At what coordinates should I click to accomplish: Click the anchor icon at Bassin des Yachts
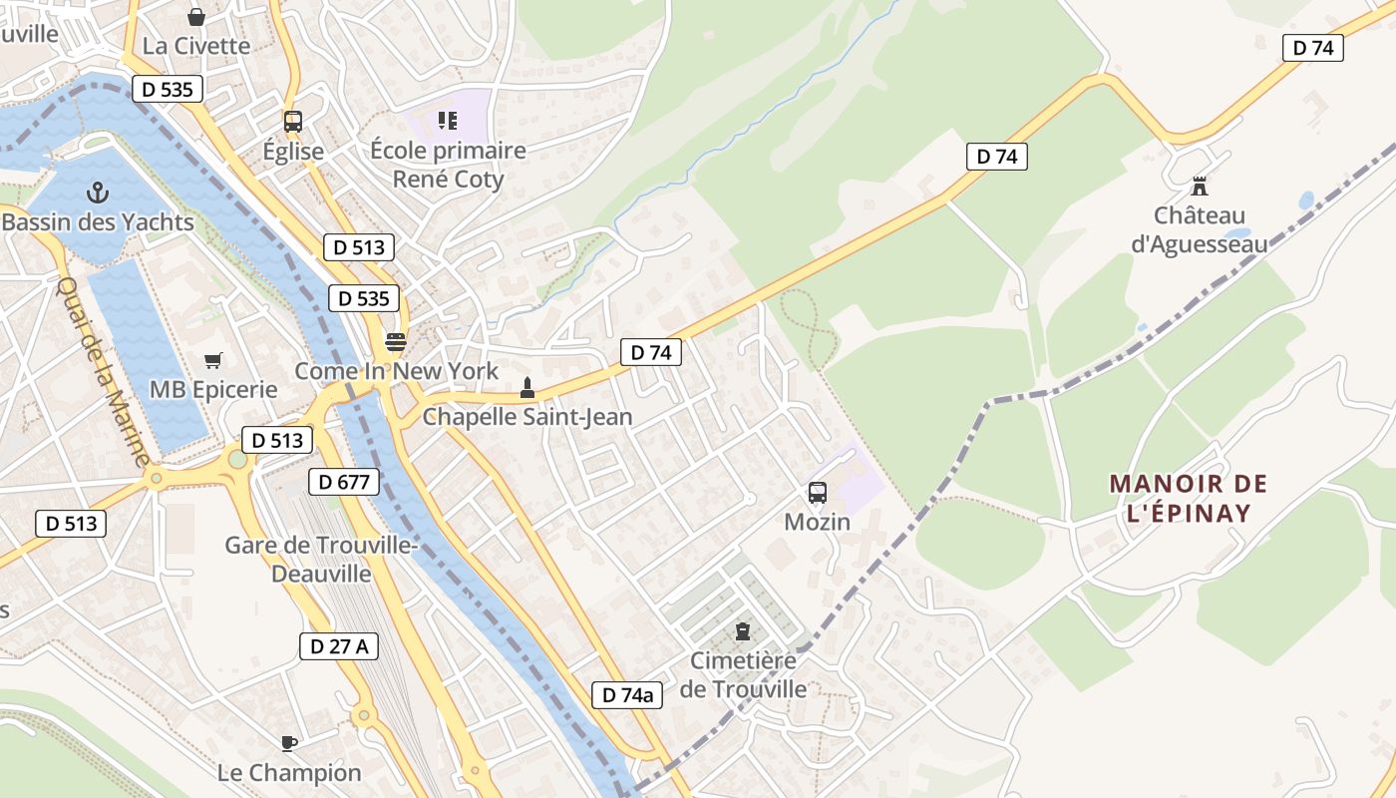tap(98, 192)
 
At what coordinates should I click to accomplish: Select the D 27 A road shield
tap(339, 646)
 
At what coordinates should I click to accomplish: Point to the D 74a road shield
tap(627, 695)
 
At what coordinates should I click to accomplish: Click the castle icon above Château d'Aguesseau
tap(1200, 186)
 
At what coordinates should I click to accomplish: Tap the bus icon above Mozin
tap(818, 492)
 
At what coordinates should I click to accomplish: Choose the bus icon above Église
tap(292, 122)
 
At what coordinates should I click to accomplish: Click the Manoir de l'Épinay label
tap(1188, 499)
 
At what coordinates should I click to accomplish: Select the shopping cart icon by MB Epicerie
tap(212, 360)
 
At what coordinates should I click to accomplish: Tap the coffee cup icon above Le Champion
tap(288, 742)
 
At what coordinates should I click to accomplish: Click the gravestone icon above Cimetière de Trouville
tap(742, 630)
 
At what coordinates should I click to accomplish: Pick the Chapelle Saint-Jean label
tap(527, 417)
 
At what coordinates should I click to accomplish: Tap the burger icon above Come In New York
tap(396, 342)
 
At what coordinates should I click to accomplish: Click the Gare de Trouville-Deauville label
tap(320, 560)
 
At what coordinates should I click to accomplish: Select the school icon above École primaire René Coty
tap(447, 121)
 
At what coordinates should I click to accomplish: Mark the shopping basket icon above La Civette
tap(196, 17)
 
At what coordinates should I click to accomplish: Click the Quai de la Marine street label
tap(102, 371)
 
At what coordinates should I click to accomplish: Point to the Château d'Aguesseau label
tap(1200, 229)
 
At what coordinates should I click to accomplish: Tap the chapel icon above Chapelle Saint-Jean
tap(527, 387)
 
